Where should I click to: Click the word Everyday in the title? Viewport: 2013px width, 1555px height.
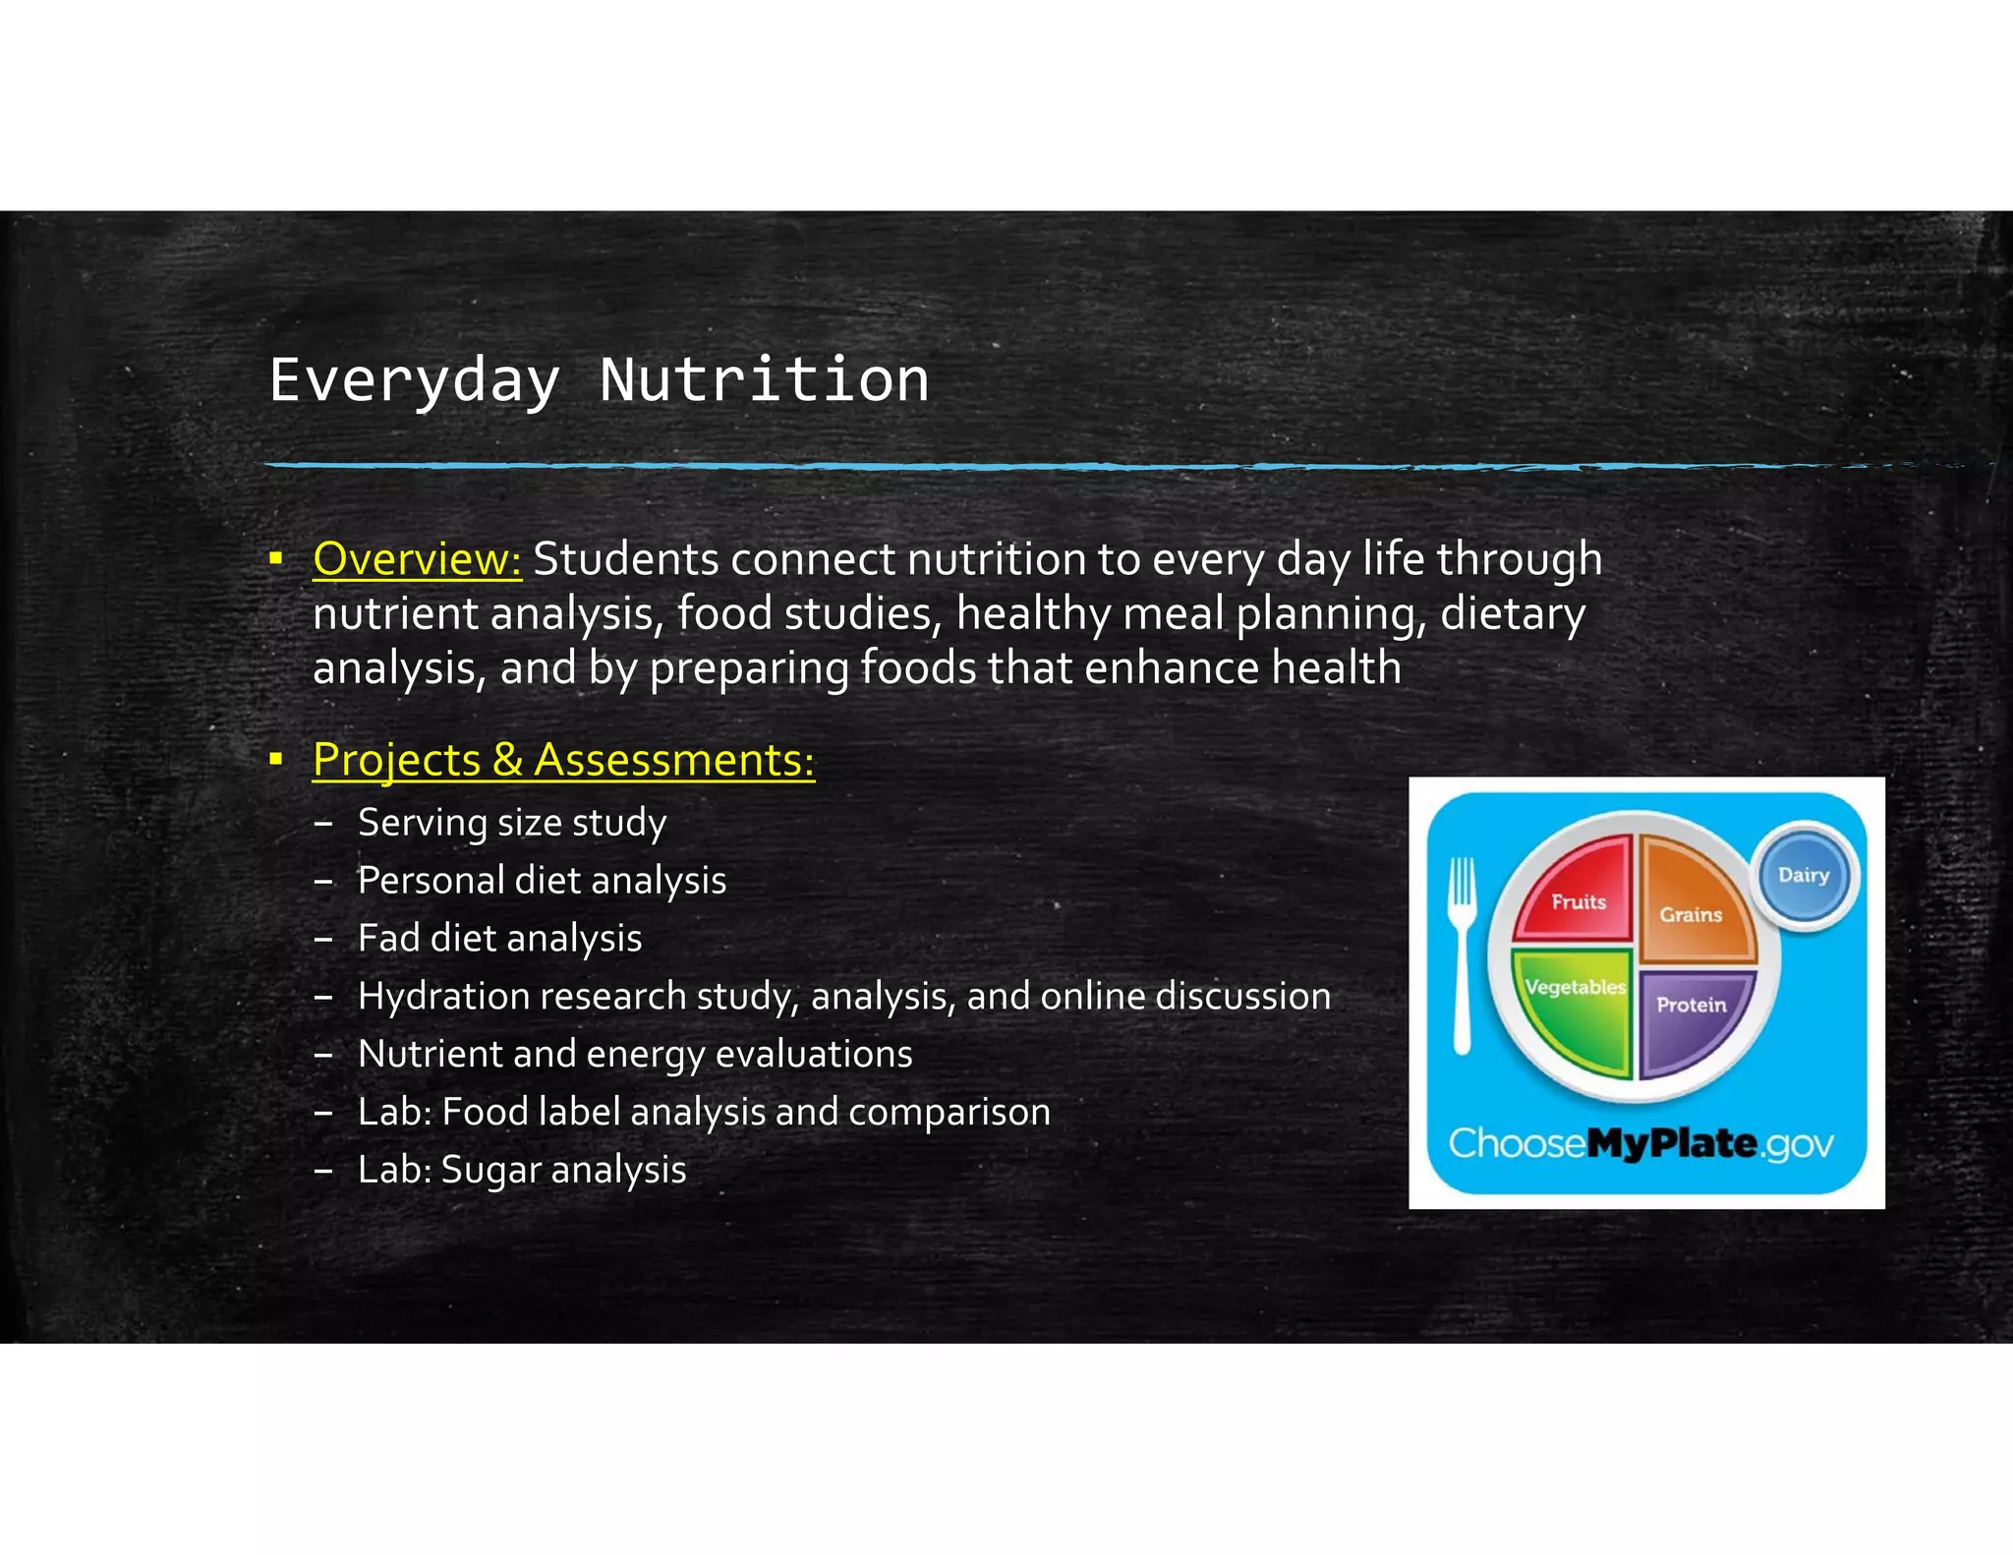414,381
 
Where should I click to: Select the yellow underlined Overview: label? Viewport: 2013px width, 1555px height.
417,558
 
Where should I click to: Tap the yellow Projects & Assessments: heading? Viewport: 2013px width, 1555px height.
563,760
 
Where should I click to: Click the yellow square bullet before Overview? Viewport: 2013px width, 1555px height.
276,559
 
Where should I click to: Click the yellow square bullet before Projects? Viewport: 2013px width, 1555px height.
276,759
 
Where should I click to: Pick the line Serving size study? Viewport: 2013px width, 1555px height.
511,823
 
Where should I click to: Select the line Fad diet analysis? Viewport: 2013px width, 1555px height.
499,939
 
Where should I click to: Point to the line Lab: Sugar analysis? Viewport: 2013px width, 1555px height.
521,1170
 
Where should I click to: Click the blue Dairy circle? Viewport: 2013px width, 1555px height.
1804,875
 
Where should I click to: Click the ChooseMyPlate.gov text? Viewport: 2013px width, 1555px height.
1640,1143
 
